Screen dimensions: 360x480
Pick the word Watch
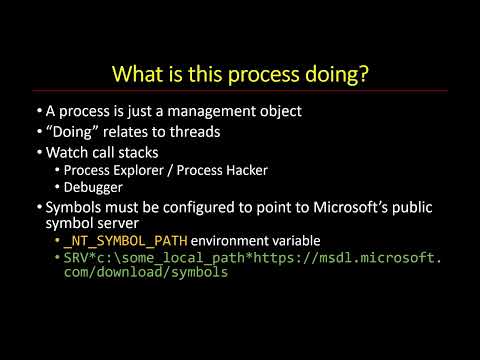[67, 153]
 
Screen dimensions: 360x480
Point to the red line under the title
[240, 91]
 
